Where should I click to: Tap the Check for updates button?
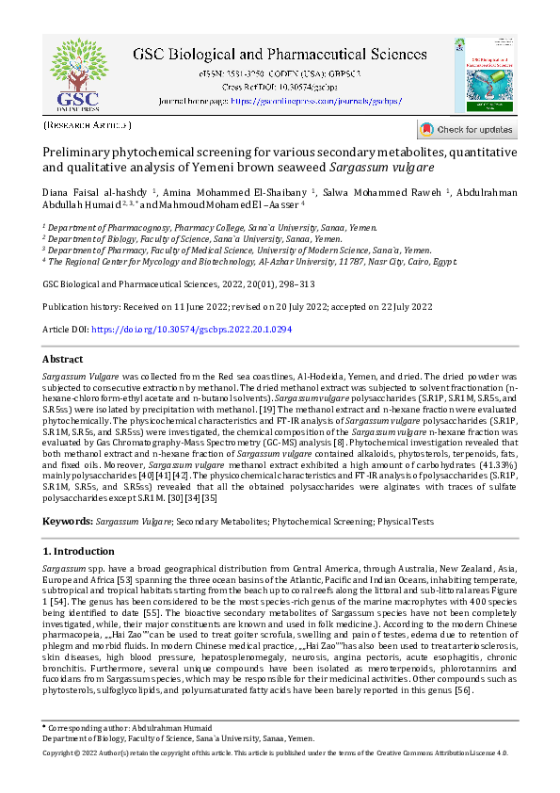pyautogui.click(x=467, y=129)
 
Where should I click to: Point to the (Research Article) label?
pyautogui.click(x=88, y=125)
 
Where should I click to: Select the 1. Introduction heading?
pyautogui.click(x=79, y=550)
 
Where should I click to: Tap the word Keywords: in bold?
pyautogui.click(x=68, y=521)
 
